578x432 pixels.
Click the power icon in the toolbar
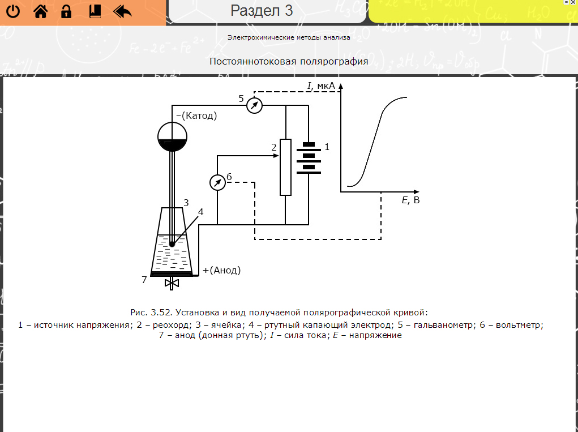tap(13, 11)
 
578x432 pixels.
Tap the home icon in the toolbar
tap(40, 11)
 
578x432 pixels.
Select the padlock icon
tap(66, 11)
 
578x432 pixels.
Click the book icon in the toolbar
tap(94, 11)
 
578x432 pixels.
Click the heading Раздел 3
tap(262, 10)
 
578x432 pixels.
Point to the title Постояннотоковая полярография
tap(289, 61)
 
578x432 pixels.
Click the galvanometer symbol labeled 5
tap(255, 105)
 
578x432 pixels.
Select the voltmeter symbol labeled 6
tap(217, 182)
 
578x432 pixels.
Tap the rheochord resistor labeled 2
tap(286, 166)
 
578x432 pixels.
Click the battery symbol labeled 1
tap(309, 158)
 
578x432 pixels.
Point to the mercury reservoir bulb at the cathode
tap(172, 137)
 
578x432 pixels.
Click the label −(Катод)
tap(196, 116)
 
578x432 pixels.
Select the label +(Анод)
tap(221, 270)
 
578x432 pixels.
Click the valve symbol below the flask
tap(172, 283)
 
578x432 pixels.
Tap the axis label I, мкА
tap(322, 85)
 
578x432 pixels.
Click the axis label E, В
tap(410, 200)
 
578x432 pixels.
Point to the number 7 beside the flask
tap(144, 279)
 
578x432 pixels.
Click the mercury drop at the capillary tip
tap(172, 244)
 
